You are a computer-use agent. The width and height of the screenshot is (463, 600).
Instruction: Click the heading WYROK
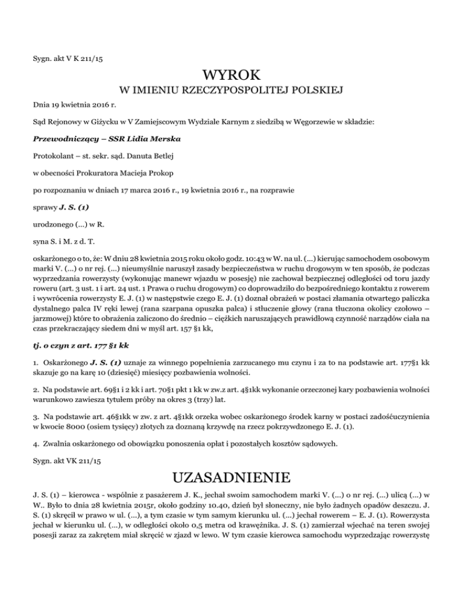click(231, 76)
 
